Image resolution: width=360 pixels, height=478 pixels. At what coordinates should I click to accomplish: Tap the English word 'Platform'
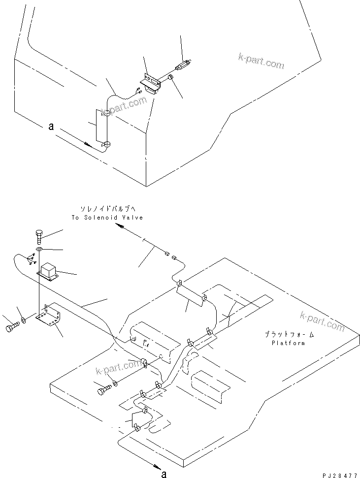click(288, 343)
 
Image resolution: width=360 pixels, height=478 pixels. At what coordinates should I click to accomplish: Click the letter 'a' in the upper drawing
click(51, 127)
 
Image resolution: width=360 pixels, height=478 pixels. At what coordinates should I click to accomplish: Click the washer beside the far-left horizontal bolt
click(23, 324)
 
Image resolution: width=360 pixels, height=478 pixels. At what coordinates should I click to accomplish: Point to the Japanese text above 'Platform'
click(288, 334)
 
